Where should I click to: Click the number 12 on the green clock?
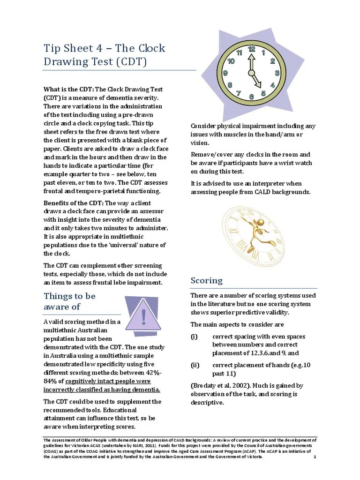[251, 49]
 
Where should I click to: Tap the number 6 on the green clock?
[251, 97]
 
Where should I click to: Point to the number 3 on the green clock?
[277, 73]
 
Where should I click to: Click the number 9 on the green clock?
[225, 73]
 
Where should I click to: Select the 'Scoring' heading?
[206, 280]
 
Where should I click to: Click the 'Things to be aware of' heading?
[69, 301]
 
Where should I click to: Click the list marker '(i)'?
[194, 337]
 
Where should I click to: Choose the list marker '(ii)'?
[195, 365]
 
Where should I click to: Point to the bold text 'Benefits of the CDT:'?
[74, 203]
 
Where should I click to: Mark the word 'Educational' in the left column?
[140, 410]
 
